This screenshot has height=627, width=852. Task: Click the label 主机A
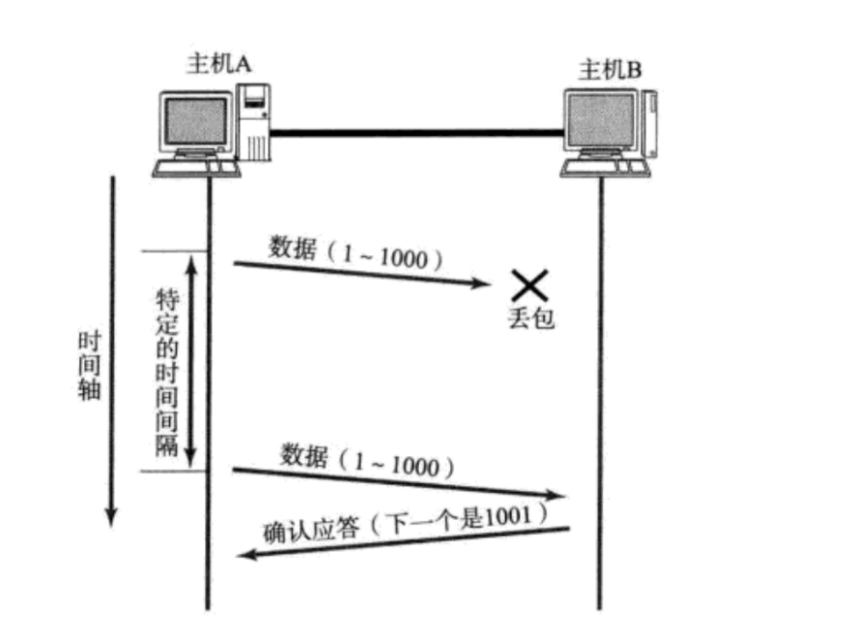click(x=218, y=64)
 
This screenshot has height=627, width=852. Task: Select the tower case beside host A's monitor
click(x=255, y=122)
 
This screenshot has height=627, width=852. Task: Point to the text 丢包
click(x=530, y=318)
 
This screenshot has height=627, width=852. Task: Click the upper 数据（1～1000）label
click(x=358, y=253)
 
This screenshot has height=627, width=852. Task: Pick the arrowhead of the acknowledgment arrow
click(x=246, y=555)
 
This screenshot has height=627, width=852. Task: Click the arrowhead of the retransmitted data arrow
click(x=557, y=496)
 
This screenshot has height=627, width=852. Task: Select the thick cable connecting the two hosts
click(x=415, y=132)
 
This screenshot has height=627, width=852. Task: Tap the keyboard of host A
click(x=194, y=167)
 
